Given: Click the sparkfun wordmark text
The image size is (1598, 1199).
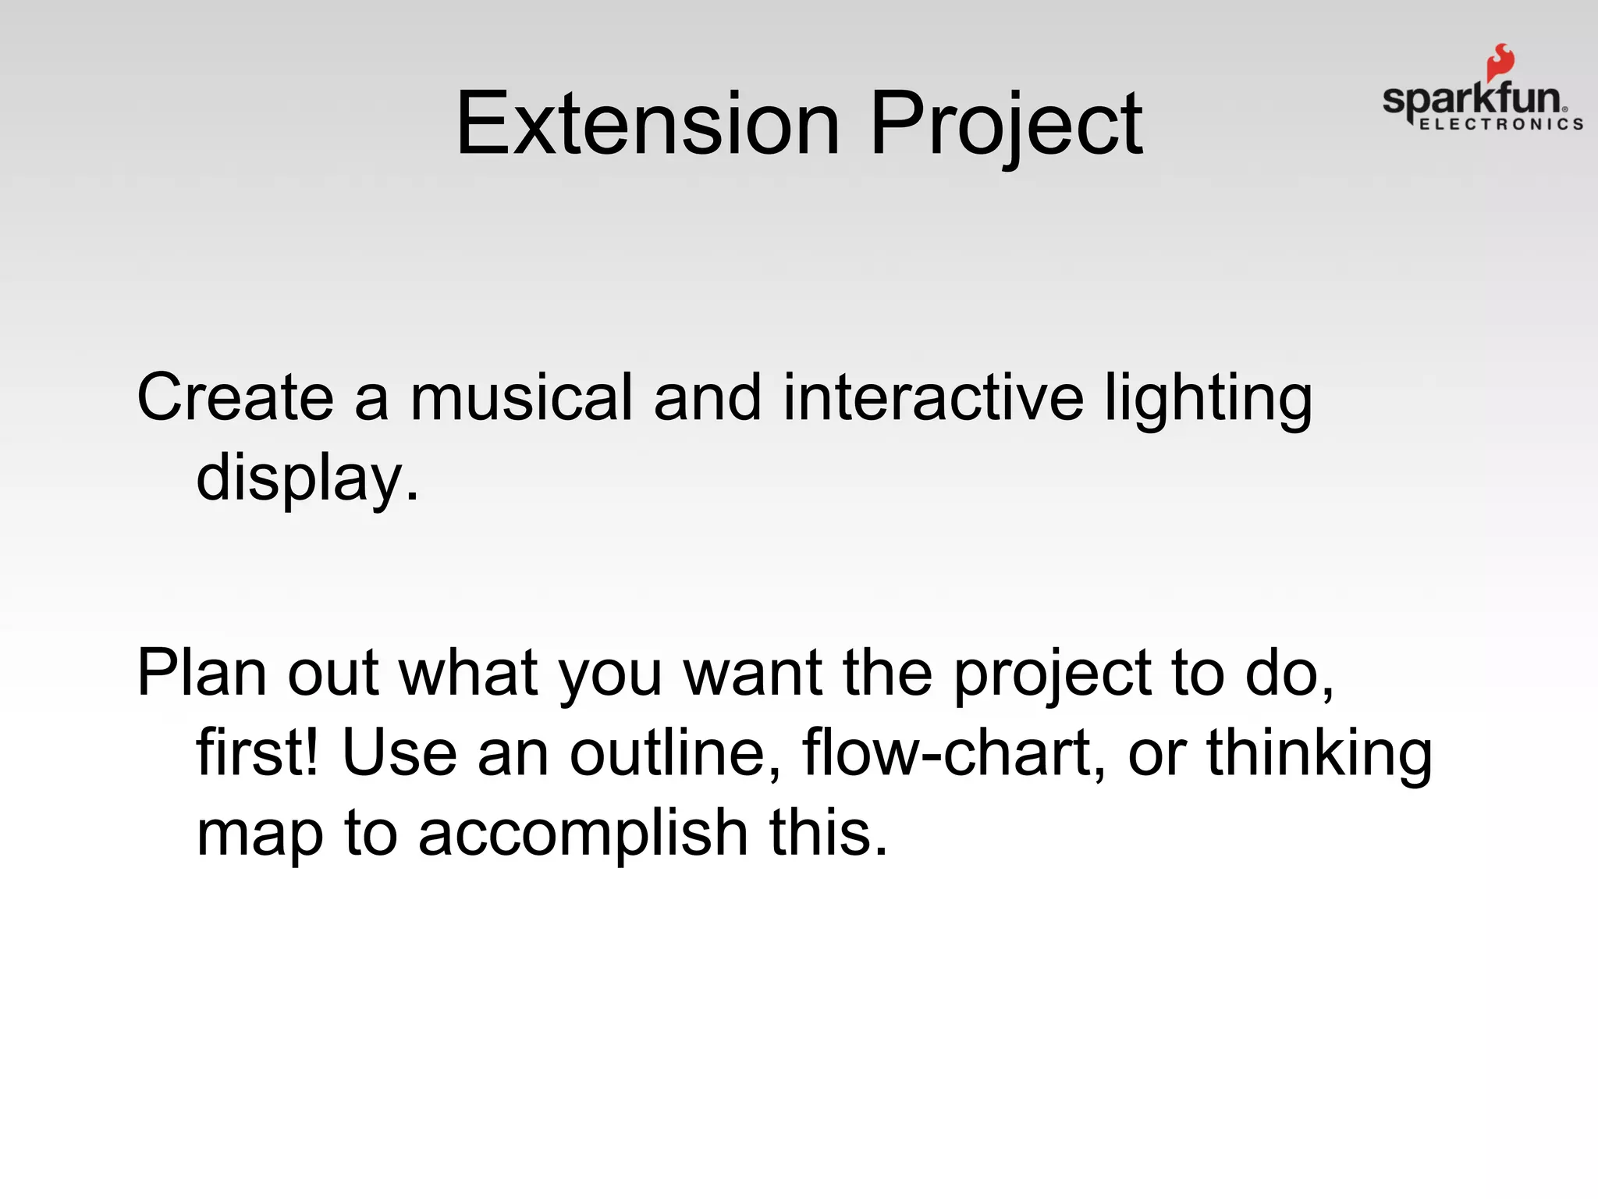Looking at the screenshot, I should [1472, 100].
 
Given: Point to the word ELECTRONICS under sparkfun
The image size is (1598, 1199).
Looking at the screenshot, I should [1500, 124].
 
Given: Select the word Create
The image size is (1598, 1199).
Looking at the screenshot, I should [235, 397].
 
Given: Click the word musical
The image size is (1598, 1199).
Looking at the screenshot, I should [520, 397].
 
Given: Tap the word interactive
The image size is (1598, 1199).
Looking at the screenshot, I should [932, 397].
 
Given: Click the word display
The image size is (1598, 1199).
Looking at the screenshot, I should [307, 478].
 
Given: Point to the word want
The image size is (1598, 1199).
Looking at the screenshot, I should [752, 673].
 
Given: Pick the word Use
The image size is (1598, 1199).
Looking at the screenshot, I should [399, 752].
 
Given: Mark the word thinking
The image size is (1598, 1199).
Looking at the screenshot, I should [1319, 754].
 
